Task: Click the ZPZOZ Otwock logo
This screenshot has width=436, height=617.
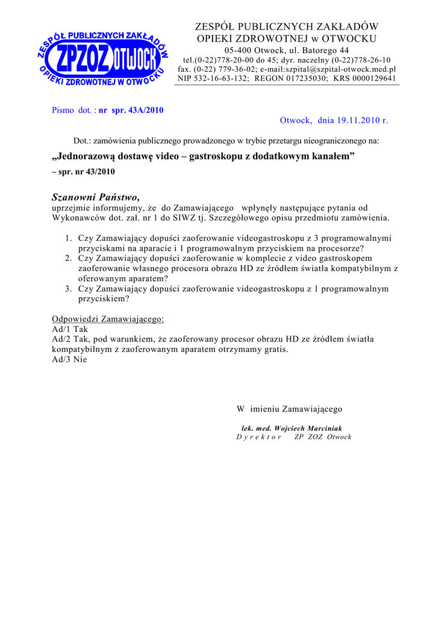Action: coord(104,58)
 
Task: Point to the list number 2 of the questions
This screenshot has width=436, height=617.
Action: coord(69,258)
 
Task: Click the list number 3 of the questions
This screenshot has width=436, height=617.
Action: coord(69,289)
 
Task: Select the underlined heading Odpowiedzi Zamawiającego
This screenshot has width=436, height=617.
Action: coord(108,319)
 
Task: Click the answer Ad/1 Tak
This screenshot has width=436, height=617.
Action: coord(70,330)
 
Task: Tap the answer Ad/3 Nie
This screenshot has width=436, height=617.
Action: coord(70,360)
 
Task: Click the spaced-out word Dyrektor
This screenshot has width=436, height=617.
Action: coord(259,437)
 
